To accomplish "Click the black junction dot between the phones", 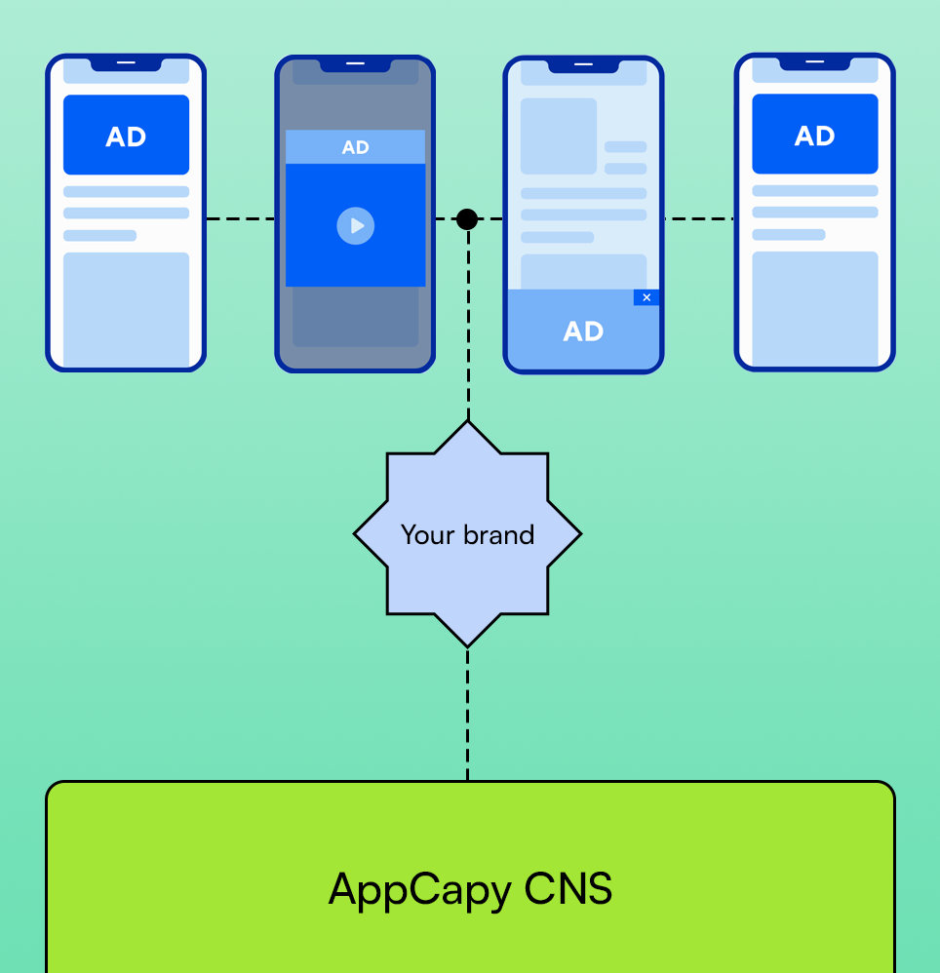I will coord(467,219).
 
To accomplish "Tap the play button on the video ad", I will coord(355,226).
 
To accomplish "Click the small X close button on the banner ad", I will coord(646,297).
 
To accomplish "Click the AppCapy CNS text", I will coord(470,889).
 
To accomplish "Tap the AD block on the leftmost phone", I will coord(126,136).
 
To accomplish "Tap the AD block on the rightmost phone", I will coord(814,135).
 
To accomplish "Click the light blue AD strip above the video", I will coord(355,147).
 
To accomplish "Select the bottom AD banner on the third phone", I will coord(583,331).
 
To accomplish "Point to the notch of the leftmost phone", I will coord(126,63).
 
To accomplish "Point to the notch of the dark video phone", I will coord(355,64).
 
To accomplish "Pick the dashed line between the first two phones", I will coord(240,219).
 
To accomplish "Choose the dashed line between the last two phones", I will coord(699,219).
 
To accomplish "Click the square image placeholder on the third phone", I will coord(558,136).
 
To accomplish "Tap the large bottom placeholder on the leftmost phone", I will coord(126,308).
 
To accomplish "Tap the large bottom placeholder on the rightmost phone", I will coord(814,308).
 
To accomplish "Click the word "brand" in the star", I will coord(499,534).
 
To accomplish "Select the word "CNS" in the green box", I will coord(568,889).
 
